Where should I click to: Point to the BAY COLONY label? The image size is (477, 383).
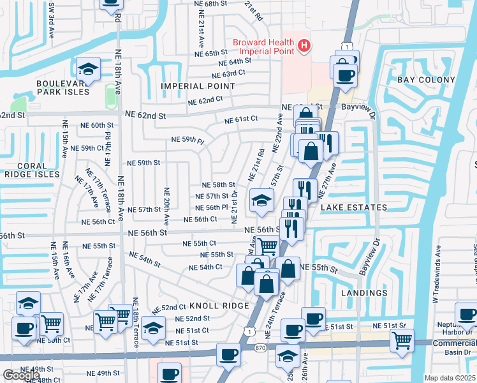pyautogui.click(x=426, y=80)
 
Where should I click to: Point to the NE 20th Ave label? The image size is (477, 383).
pyautogui.click(x=166, y=206)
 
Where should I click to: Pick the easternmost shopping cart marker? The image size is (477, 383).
pyautogui.click(x=402, y=341)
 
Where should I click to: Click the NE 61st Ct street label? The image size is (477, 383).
pyautogui.click(x=240, y=119)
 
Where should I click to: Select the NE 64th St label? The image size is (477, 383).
pyautogui.click(x=235, y=62)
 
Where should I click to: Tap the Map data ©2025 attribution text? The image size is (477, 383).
pyautogui.click(x=450, y=378)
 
